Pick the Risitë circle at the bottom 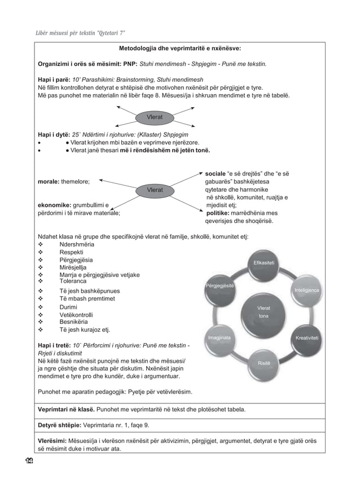(264, 363)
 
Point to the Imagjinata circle (219, 338)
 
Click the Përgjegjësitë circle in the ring (220, 287)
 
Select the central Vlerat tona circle (264, 312)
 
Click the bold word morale (48, 182)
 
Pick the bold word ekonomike (54, 205)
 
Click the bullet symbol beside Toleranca (40, 280)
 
